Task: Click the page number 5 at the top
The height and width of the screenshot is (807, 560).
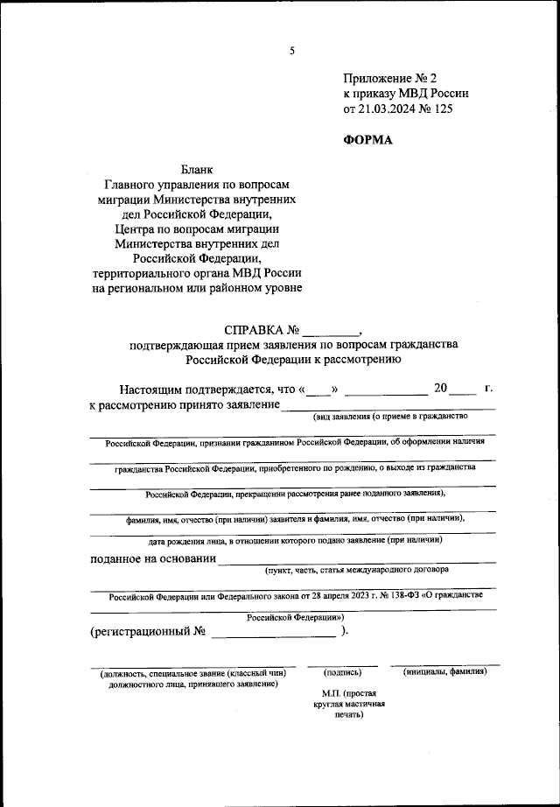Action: coord(293,51)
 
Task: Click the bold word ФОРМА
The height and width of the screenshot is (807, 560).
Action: coord(368,140)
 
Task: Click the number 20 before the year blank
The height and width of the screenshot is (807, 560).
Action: coord(440,387)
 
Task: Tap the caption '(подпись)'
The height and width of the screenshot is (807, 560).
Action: coord(342,672)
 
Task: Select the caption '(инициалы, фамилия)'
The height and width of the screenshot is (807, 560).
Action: coord(445,671)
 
